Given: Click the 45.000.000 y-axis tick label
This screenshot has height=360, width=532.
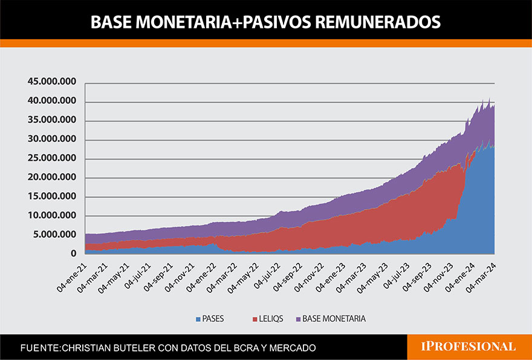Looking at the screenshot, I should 51,82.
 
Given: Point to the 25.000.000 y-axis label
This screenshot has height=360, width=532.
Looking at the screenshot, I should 51,158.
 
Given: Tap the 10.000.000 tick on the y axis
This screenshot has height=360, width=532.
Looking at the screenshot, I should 51,216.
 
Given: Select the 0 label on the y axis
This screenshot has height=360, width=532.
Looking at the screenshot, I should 73,254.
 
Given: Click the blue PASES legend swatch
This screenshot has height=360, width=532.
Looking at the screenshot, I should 198,318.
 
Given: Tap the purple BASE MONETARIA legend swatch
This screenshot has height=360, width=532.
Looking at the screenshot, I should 297,318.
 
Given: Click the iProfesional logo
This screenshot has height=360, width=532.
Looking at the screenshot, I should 468,347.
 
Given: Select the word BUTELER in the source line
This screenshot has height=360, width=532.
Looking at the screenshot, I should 138,348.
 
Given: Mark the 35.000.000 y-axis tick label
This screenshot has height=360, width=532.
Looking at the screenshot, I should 51,120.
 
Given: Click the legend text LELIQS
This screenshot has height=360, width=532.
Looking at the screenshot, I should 271,318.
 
